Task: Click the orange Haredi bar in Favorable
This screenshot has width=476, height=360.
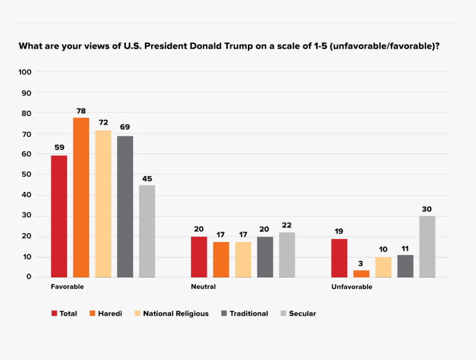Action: (81, 198)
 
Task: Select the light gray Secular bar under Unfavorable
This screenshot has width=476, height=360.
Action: (427, 246)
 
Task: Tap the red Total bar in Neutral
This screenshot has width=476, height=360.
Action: (199, 257)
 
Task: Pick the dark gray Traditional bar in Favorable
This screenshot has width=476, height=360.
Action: (125, 207)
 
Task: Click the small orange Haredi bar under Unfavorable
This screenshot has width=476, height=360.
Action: (361, 274)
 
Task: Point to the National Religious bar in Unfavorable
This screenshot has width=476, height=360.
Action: (383, 268)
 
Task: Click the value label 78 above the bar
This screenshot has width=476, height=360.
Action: (81, 111)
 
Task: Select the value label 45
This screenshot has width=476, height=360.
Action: (147, 179)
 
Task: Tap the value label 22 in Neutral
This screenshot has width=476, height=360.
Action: (287, 225)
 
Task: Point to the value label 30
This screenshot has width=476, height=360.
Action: (427, 209)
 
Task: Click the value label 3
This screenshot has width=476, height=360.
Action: (360, 264)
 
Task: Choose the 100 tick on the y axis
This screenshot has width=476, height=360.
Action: (25, 72)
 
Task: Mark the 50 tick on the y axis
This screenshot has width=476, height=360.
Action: (27, 174)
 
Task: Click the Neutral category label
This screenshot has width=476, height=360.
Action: (203, 286)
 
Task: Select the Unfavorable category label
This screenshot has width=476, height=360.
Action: (351, 286)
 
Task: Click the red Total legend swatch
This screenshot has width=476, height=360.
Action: (54, 313)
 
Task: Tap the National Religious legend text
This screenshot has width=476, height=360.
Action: (176, 313)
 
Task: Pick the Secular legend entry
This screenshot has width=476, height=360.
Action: (298, 313)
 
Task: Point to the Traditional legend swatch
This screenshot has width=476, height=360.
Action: (224, 313)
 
